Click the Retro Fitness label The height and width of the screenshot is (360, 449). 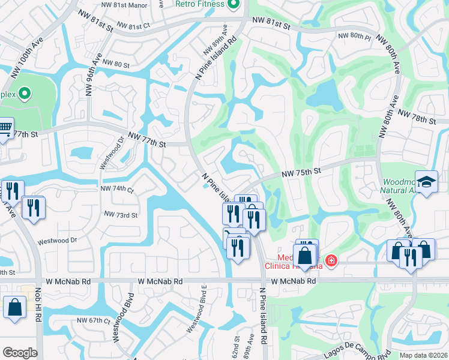coord(200,4)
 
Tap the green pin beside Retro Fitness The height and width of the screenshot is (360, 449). coord(234,4)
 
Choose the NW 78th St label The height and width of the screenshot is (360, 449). coord(417,118)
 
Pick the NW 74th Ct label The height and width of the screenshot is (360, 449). coord(118,188)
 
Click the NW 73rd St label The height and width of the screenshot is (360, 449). coord(121,214)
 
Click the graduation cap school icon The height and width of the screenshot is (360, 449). coord(426,182)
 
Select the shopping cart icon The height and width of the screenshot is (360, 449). coord(5,127)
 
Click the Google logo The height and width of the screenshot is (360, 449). coord(20,353)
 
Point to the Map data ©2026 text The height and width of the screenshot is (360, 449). coord(423,355)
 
